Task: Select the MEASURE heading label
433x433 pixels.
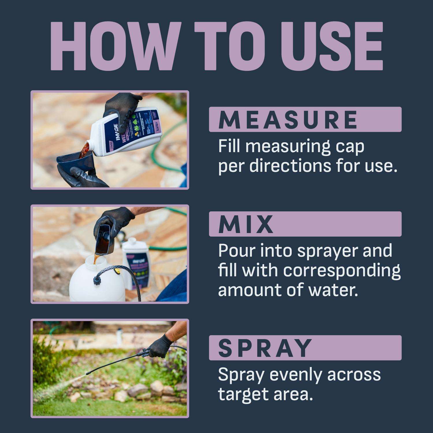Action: (x=288, y=120)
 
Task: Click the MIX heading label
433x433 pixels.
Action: (x=246, y=224)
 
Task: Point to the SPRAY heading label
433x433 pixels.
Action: (x=265, y=348)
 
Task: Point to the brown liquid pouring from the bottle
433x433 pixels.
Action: (x=84, y=150)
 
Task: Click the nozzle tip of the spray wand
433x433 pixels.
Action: (x=88, y=373)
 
